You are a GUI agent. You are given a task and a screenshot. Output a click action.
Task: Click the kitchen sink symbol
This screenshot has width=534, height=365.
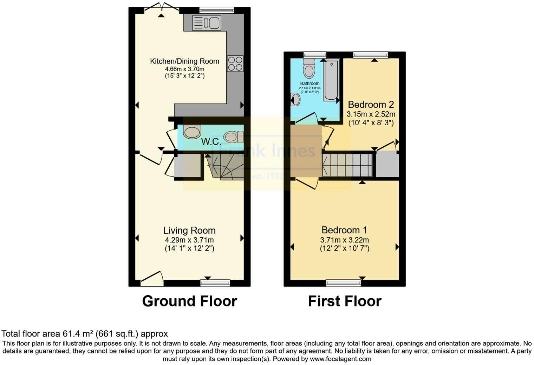click(206, 23)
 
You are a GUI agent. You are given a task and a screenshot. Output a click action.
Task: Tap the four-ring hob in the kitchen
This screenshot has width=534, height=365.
click(235, 64)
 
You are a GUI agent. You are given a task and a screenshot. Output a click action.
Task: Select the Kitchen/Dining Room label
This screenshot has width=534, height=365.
click(184, 61)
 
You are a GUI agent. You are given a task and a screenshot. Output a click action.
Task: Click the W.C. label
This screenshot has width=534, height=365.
click(211, 142)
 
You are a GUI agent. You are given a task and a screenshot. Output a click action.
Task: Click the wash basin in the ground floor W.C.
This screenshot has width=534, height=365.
click(192, 132)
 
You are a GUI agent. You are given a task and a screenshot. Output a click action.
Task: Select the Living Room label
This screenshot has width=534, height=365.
click(189, 231)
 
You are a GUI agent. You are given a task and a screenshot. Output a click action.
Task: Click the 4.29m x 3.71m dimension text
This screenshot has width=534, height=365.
click(189, 240)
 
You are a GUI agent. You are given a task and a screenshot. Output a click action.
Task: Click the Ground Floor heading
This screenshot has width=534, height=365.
click(189, 301)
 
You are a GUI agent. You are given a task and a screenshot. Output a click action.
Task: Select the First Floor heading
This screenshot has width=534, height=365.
click(345, 301)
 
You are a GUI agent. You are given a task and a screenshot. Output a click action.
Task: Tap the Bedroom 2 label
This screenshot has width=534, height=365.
click(371, 105)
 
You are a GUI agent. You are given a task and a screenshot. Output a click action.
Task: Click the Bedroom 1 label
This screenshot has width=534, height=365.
click(344, 230)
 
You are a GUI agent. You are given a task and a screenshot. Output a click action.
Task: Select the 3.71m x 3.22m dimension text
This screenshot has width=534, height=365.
click(344, 240)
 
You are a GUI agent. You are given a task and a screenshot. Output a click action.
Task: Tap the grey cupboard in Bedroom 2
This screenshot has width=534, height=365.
click(388, 164)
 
